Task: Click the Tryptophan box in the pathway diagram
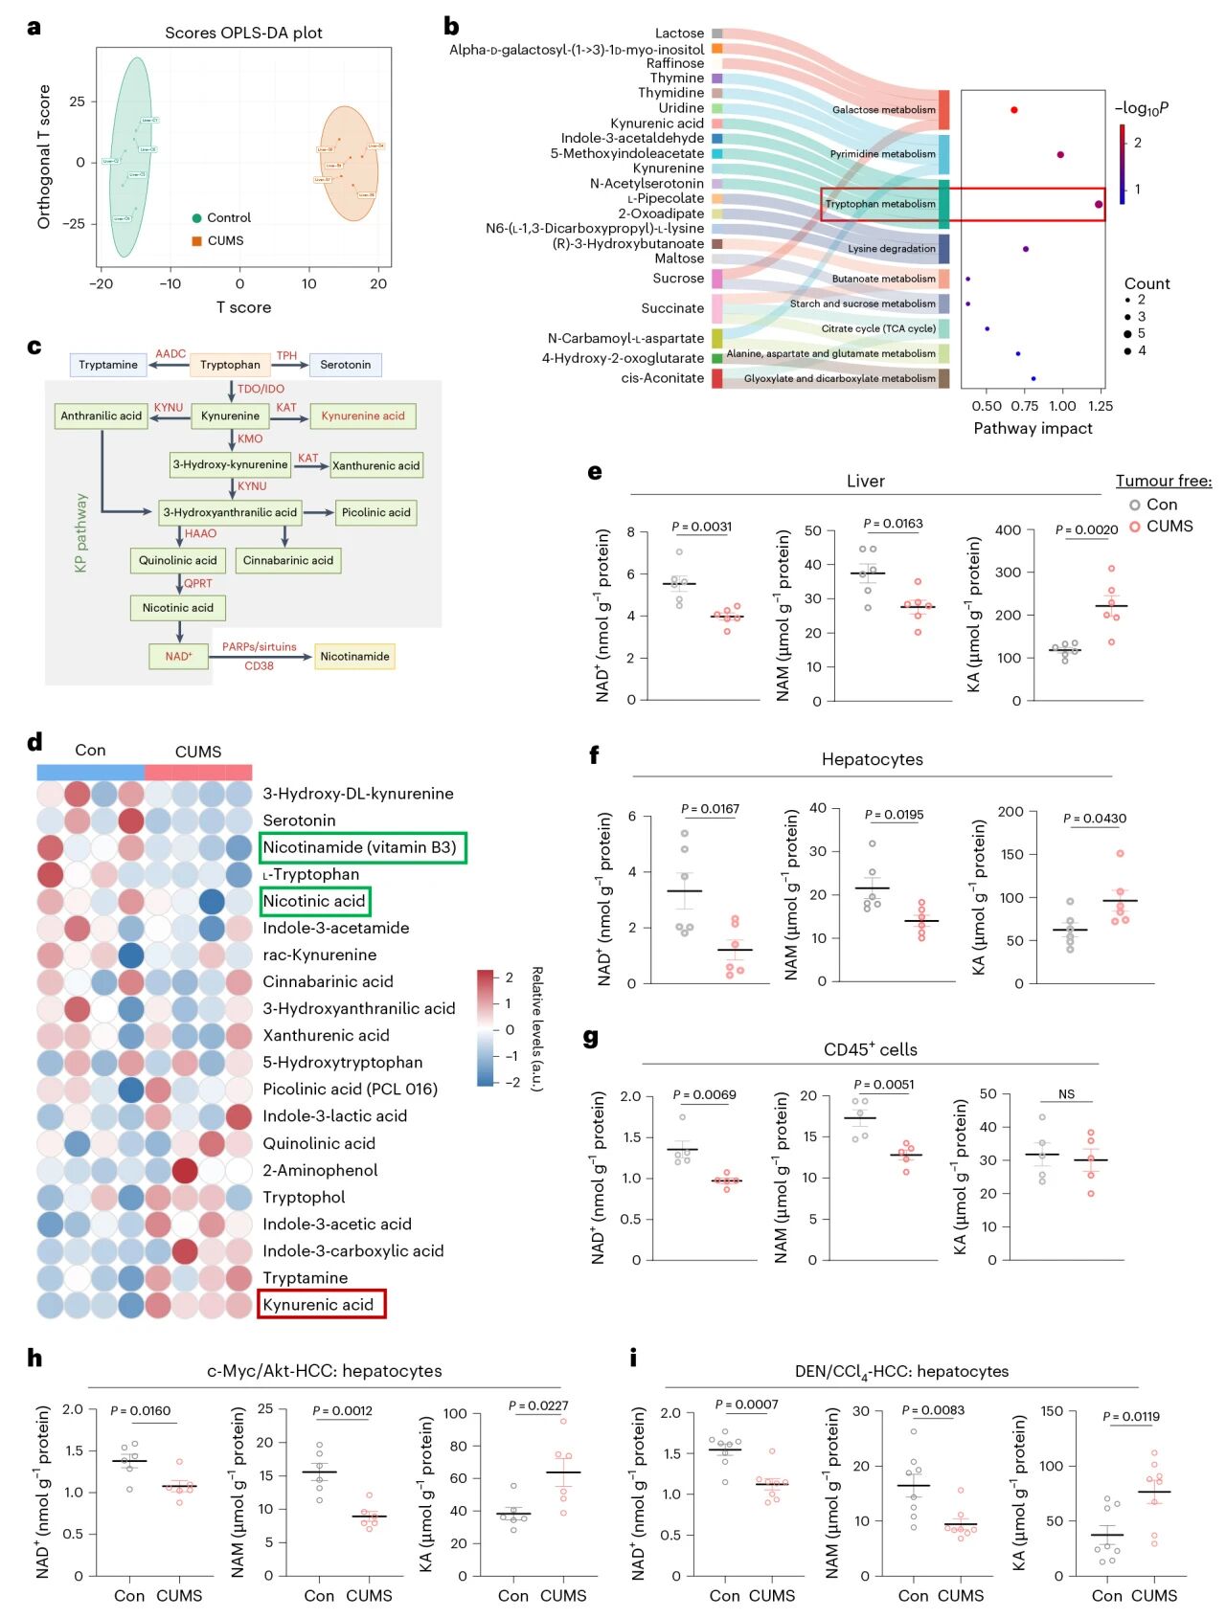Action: point(230,365)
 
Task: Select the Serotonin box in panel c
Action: point(345,365)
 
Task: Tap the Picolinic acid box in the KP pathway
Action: point(375,512)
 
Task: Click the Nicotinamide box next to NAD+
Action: point(354,657)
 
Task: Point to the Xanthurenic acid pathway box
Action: point(375,465)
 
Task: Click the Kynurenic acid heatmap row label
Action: point(318,1304)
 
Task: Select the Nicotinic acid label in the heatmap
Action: point(314,901)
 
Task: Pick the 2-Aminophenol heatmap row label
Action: point(320,1170)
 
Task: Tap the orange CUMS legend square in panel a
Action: point(196,241)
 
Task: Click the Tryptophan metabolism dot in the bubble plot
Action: point(1099,204)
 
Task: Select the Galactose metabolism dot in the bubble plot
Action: point(1013,110)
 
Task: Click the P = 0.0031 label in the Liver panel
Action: point(701,527)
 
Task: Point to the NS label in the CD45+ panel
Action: point(1066,1094)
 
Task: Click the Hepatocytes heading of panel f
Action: point(872,759)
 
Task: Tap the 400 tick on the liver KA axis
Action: point(1008,530)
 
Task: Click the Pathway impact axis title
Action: point(1033,428)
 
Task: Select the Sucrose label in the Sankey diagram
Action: point(678,279)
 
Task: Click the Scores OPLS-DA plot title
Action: point(243,33)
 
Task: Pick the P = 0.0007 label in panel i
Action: point(746,1405)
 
